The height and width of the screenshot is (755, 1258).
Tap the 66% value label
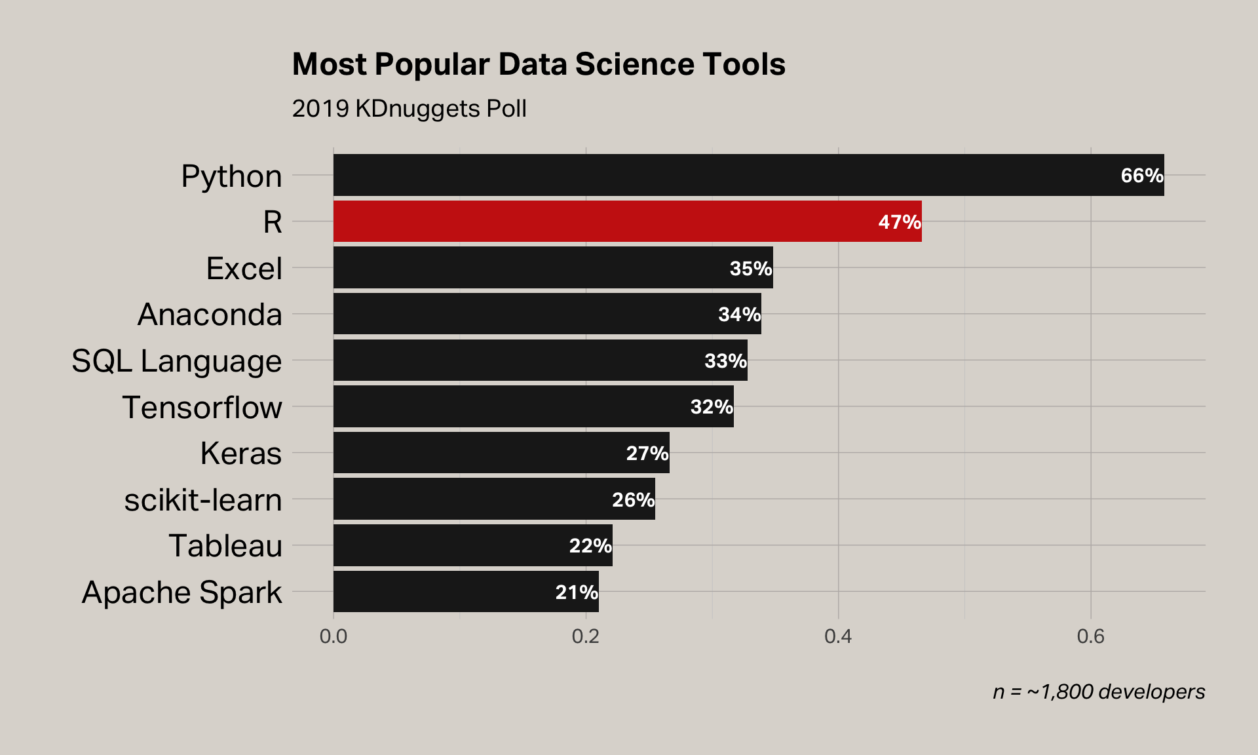pyautogui.click(x=1141, y=176)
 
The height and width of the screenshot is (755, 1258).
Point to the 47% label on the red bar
pyautogui.click(x=899, y=222)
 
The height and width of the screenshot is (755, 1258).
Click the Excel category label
pyautogui.click(x=244, y=269)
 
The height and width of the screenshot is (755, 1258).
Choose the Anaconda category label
pyautogui.click(x=210, y=315)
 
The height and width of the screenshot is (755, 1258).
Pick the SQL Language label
pyautogui.click(x=176, y=361)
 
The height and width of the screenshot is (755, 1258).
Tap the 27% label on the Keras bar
pyautogui.click(x=647, y=454)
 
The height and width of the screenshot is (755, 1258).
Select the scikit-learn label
pyautogui.click(x=203, y=500)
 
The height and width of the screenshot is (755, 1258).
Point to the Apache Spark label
pyautogui.click(x=181, y=592)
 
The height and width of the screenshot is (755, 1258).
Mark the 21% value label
pyautogui.click(x=576, y=592)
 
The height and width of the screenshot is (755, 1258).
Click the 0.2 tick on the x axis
pyautogui.click(x=585, y=636)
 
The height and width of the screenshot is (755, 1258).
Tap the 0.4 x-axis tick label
pyautogui.click(x=838, y=636)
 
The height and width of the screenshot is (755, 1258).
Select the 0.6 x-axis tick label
pyautogui.click(x=1090, y=636)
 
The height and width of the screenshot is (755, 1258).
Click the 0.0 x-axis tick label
pyautogui.click(x=333, y=636)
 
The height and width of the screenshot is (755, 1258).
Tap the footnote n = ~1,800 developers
pyautogui.click(x=1098, y=692)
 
